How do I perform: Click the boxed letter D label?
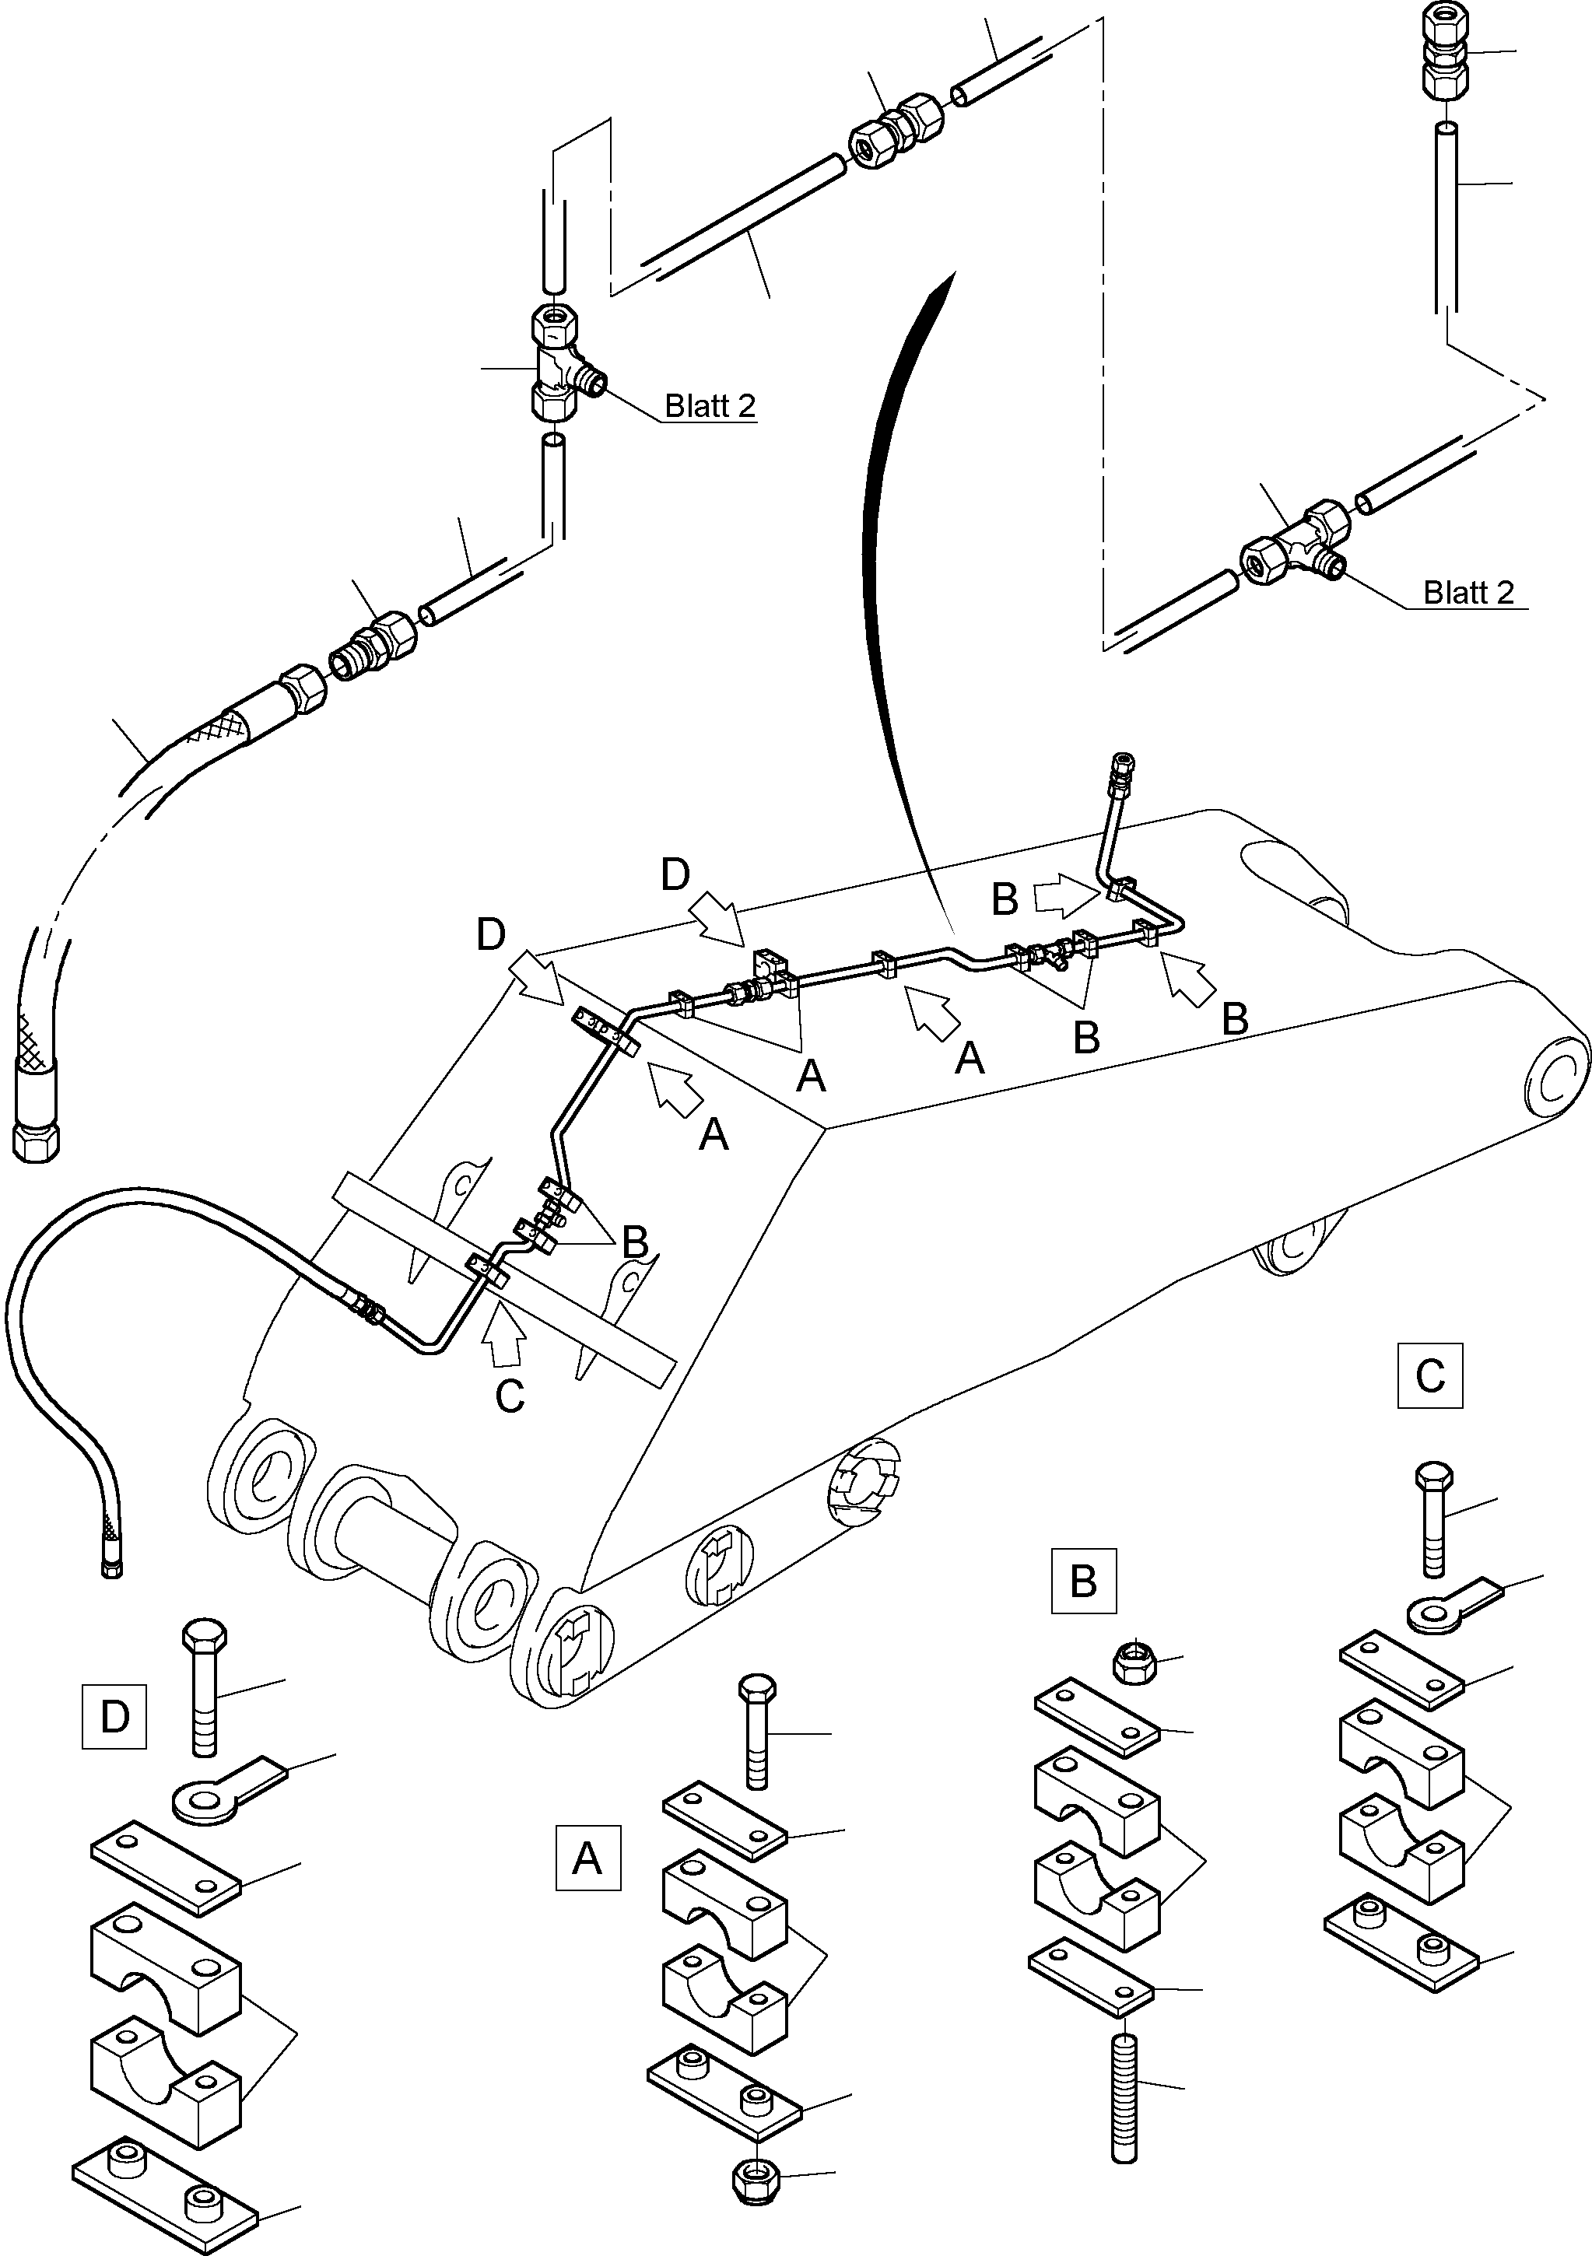tap(114, 1717)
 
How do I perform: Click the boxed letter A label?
tap(587, 1858)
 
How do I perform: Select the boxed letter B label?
tap(1083, 1581)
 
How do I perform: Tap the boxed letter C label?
tap(1430, 1375)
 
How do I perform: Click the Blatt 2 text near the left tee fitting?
tap(710, 406)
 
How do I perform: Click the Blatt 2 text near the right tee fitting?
tap(1468, 593)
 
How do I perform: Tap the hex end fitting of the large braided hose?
tap(37, 1140)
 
